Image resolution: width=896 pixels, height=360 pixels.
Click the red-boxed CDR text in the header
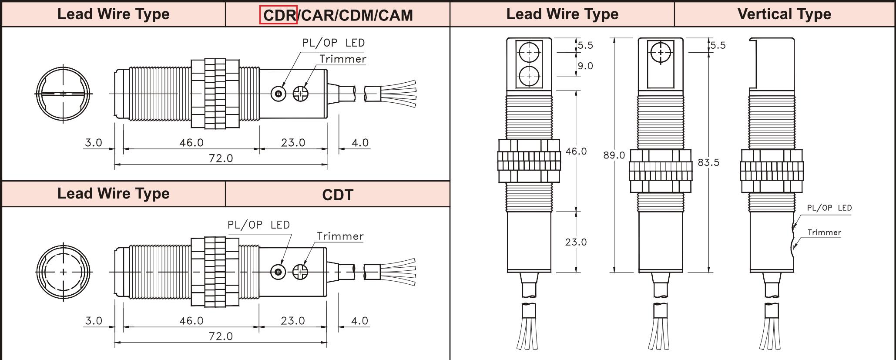(279, 15)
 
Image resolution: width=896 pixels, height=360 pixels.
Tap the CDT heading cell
(338, 195)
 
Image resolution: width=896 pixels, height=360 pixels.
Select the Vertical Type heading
(784, 14)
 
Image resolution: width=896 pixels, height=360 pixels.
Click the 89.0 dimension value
(614, 155)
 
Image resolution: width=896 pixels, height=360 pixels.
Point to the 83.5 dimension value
(708, 162)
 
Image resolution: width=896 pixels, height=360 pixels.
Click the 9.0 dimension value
(585, 66)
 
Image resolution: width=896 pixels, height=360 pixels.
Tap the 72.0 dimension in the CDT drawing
(221, 336)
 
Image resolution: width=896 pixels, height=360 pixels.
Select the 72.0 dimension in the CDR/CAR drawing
(221, 158)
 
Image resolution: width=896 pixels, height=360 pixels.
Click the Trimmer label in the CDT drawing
(340, 236)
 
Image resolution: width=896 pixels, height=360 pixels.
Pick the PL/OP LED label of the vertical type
(829, 208)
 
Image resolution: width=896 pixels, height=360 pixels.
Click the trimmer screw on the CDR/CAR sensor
(300, 94)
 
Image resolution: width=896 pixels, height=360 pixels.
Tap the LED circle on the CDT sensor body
(278, 272)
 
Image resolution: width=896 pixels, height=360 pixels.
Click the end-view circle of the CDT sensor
(64, 272)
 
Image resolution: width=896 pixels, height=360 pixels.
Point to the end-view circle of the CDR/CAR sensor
(64, 94)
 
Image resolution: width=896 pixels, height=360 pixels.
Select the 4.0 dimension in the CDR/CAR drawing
(360, 143)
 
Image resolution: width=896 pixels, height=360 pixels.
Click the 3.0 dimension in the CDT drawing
(94, 321)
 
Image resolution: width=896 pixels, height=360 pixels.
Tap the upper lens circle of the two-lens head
(529, 52)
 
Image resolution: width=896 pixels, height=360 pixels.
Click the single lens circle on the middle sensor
(661, 53)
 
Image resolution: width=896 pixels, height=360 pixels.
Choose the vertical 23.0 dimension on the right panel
(576, 242)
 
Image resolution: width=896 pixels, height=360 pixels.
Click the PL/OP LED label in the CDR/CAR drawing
(333, 43)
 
